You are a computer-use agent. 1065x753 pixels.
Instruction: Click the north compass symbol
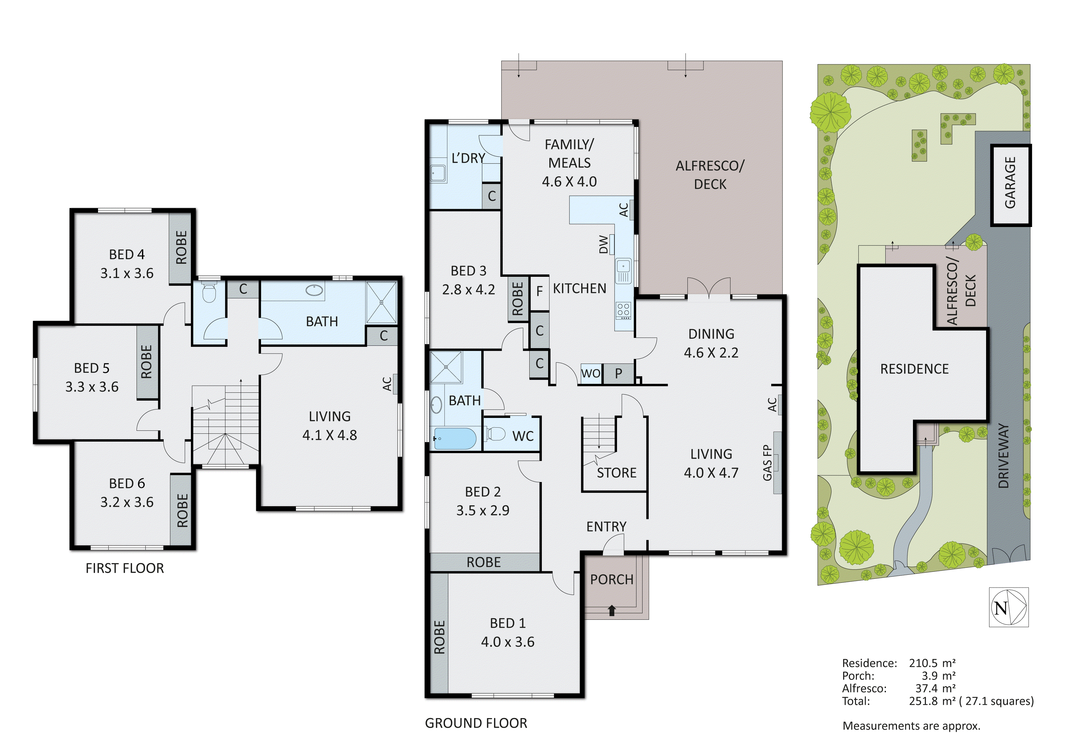(x=1009, y=607)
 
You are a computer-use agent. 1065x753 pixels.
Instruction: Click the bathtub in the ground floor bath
(x=455, y=439)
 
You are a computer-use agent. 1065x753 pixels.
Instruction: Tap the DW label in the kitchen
(x=603, y=245)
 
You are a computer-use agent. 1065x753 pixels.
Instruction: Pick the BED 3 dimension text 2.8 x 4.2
(x=469, y=290)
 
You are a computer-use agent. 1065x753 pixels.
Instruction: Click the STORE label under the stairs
(x=616, y=473)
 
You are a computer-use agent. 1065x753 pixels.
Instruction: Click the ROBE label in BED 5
(x=147, y=362)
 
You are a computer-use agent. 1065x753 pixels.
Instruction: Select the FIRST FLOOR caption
(x=125, y=568)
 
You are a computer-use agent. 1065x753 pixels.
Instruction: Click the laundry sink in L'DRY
(x=438, y=174)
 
